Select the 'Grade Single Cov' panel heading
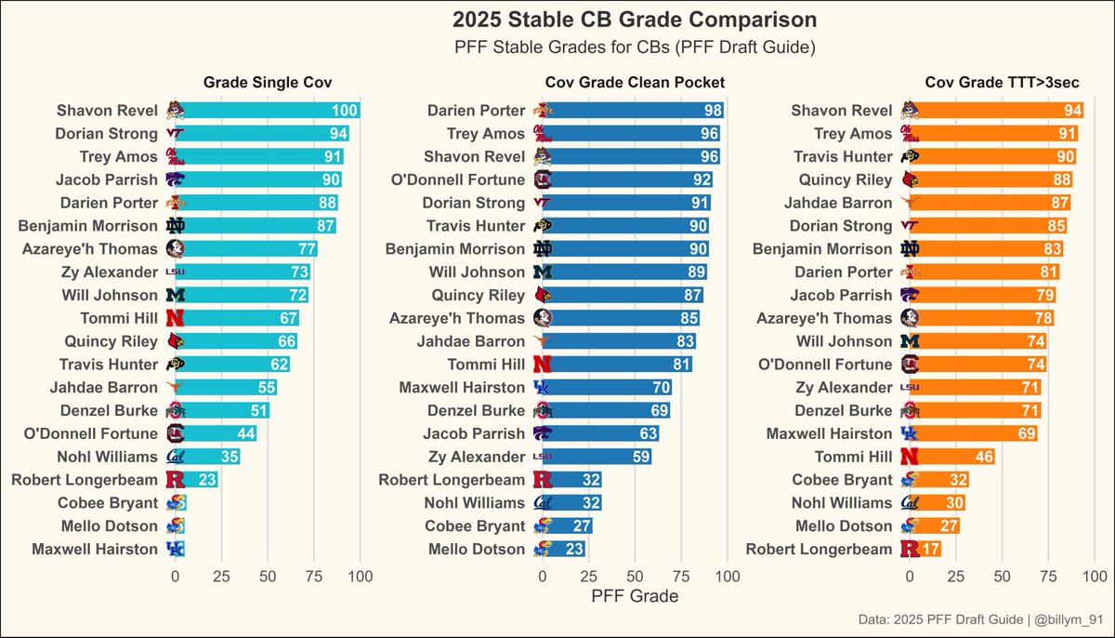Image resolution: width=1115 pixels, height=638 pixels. [268, 84]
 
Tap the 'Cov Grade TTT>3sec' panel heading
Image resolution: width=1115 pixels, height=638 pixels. [1002, 84]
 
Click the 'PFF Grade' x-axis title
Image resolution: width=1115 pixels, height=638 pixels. [635, 596]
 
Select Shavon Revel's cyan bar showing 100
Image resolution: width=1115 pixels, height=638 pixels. [268, 111]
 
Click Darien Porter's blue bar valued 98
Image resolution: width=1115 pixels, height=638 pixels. [633, 111]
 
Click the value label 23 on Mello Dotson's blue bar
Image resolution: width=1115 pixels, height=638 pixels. [573, 549]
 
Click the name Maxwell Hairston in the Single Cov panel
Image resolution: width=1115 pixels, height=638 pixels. [95, 549]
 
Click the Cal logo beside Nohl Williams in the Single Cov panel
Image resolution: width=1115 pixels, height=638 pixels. [175, 457]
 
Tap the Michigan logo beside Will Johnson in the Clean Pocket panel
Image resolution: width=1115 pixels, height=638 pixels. [541, 272]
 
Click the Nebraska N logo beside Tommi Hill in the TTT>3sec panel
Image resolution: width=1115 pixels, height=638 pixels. [910, 457]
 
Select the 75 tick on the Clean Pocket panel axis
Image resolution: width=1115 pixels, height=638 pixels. [681, 577]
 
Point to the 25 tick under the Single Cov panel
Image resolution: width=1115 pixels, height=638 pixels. [221, 577]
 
